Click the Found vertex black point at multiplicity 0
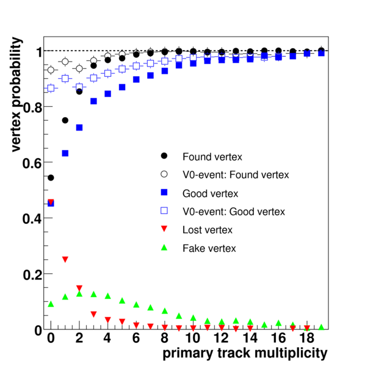pos(51,178)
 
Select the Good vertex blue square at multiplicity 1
pos(65,153)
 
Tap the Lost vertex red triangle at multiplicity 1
pos(65,260)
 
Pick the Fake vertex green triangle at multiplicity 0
pos(51,304)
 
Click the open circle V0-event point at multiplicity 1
pos(65,62)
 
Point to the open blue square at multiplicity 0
pos(51,88)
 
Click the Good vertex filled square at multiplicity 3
pos(93,101)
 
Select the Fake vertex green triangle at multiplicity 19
pos(321,327)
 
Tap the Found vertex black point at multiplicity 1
pos(65,120)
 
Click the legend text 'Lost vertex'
pos(208,230)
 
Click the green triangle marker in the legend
pos(164,248)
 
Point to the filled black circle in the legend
pos(164,156)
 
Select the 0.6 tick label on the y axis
pos(32,163)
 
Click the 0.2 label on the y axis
pos(32,274)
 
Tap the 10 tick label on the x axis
pos(193,338)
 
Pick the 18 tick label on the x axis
pos(307,338)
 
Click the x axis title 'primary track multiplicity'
pos(245,354)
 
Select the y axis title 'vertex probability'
pos(16,95)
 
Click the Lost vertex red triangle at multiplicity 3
pos(93,314)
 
